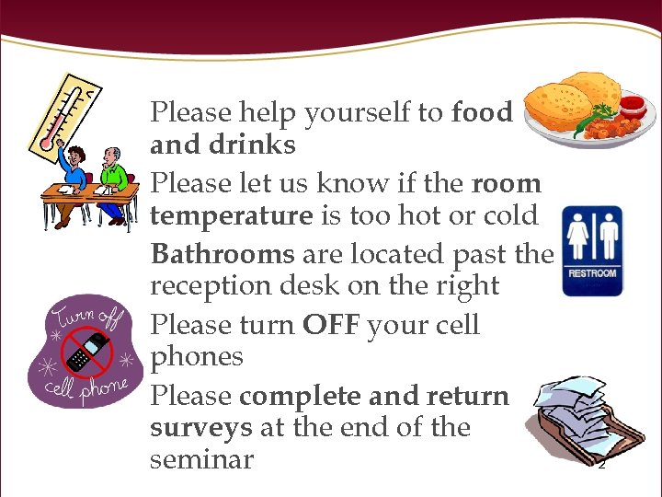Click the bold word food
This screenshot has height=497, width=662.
coord(481,112)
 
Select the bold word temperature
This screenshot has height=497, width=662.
coord(231,216)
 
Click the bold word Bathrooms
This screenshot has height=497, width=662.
coord(222,253)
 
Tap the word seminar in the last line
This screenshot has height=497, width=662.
coord(201,459)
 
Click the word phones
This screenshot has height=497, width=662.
coord(196,357)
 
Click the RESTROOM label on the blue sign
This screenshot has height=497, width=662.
coord(592,273)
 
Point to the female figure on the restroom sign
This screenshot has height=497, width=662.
coord(578,237)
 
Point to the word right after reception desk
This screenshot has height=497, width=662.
coord(469,287)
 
